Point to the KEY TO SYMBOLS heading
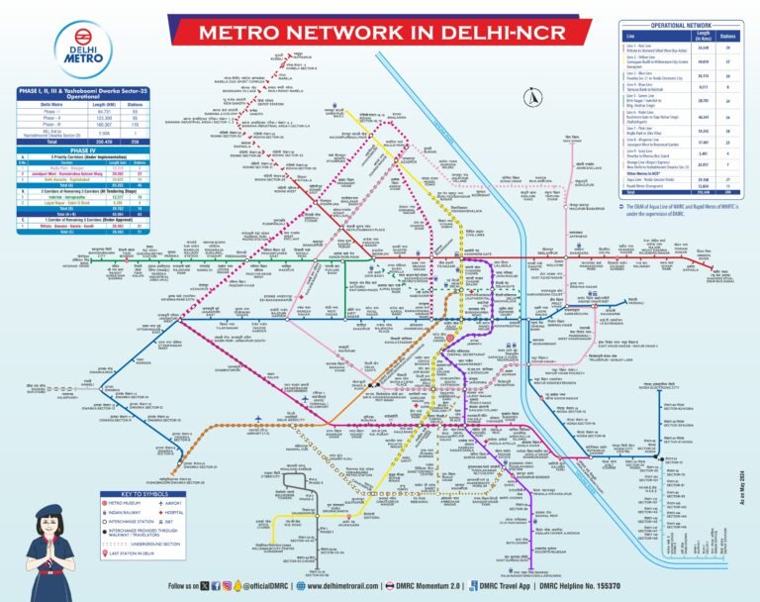[145, 492]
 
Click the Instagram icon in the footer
[226, 586]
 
